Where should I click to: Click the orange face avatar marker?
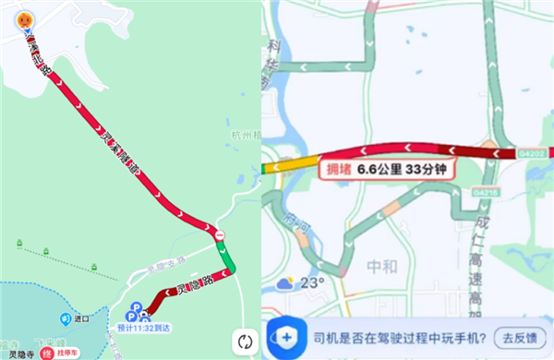click(x=29, y=18)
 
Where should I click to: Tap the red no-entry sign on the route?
click(x=219, y=236)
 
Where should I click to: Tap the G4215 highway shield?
click(x=485, y=192)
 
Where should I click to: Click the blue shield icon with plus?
click(x=287, y=337)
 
